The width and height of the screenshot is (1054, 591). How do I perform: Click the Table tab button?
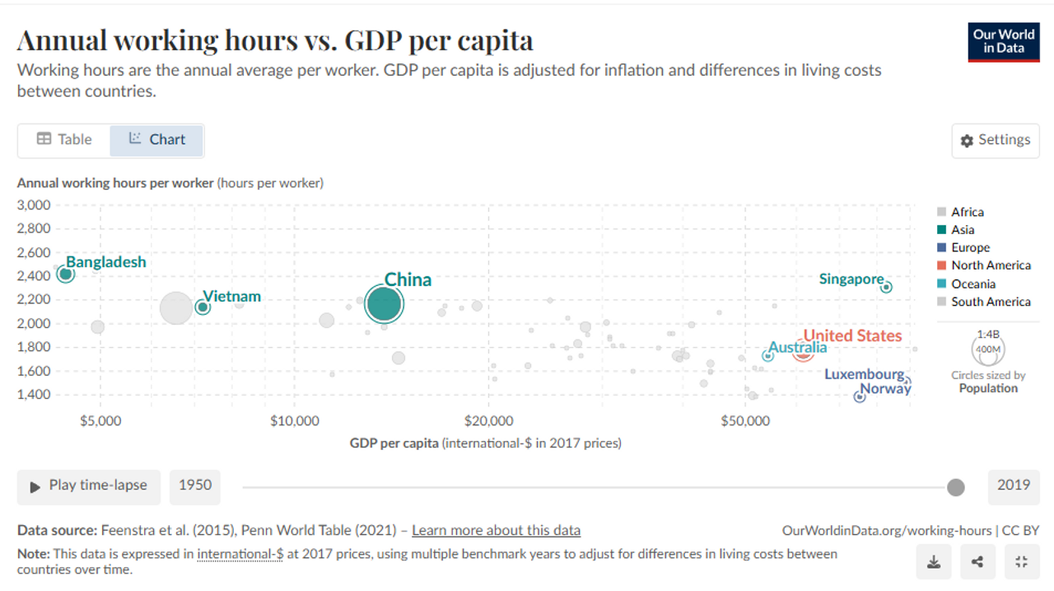pyautogui.click(x=64, y=139)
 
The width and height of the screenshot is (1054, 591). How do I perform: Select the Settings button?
pyautogui.click(x=996, y=140)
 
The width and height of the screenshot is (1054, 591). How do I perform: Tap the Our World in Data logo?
pyautogui.click(x=1003, y=41)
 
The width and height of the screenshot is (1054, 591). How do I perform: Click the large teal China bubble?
pyautogui.click(x=384, y=304)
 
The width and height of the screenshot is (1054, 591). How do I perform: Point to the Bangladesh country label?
pyautogui.click(x=106, y=262)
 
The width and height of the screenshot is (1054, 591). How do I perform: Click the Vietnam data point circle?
pyautogui.click(x=203, y=307)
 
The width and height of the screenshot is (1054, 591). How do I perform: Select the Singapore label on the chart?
pyautogui.click(x=851, y=279)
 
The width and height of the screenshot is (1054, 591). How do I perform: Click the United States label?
pyautogui.click(x=852, y=335)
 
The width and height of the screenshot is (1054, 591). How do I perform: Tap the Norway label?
pyautogui.click(x=886, y=388)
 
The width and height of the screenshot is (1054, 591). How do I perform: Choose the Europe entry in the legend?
pyautogui.click(x=970, y=247)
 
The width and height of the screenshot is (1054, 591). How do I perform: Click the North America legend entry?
pyautogui.click(x=991, y=265)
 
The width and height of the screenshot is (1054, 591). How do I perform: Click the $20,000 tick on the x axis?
pyautogui.click(x=488, y=421)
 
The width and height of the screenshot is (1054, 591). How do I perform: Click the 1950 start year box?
pyautogui.click(x=195, y=485)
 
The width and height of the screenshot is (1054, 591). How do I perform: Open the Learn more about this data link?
pyautogui.click(x=496, y=531)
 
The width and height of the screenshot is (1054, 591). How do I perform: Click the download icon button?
pyautogui.click(x=934, y=562)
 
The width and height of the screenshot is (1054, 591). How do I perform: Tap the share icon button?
pyautogui.click(x=977, y=562)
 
